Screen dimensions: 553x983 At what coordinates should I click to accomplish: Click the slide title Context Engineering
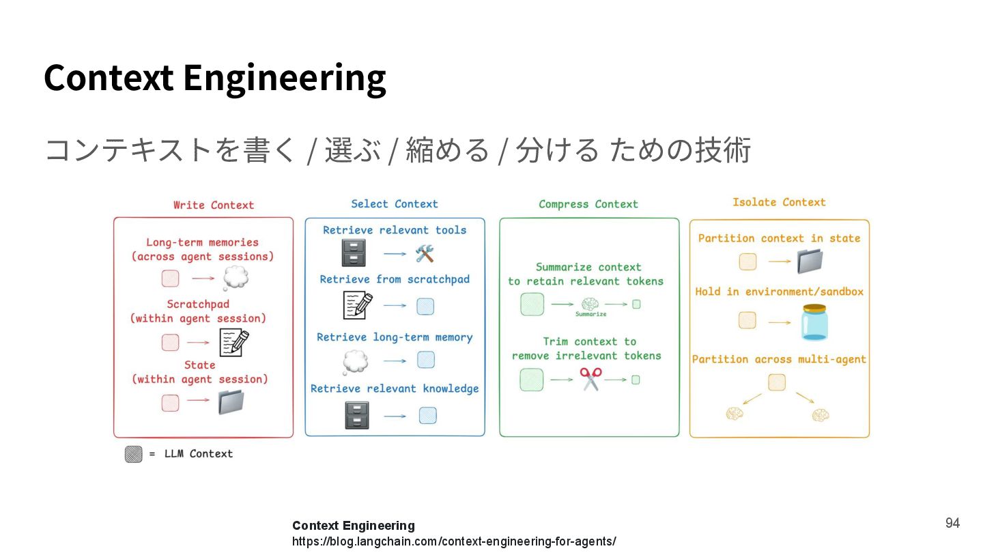point(214,76)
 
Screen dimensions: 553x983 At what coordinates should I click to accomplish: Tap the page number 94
point(952,523)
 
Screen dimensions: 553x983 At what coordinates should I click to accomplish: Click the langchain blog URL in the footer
point(454,541)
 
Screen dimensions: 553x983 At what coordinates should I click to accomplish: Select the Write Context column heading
point(213,205)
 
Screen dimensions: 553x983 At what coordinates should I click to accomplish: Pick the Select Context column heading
point(394,203)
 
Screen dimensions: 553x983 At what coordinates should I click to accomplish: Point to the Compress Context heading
point(588,203)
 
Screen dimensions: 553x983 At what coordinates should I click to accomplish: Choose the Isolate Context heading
point(779,202)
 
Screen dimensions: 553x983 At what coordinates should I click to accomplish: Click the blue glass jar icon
point(814,322)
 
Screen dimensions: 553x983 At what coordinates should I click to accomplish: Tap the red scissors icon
point(590,379)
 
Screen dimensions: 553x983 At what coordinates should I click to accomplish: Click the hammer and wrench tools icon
point(425,254)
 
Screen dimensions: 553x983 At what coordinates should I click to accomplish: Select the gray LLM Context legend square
point(134,454)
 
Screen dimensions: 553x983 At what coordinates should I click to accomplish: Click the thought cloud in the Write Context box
point(236,278)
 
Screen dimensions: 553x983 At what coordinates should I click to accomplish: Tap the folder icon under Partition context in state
point(810,261)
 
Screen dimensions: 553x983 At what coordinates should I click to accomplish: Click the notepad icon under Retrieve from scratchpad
point(358,305)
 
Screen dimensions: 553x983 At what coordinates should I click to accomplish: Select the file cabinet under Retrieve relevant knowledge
point(357,415)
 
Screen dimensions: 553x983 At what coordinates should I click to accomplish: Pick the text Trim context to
point(589,341)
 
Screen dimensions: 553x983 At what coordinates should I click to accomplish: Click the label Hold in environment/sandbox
point(779,292)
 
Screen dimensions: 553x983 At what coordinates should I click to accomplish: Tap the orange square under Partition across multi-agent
point(776,382)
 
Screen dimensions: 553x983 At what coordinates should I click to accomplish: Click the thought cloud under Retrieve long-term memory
point(355,361)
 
